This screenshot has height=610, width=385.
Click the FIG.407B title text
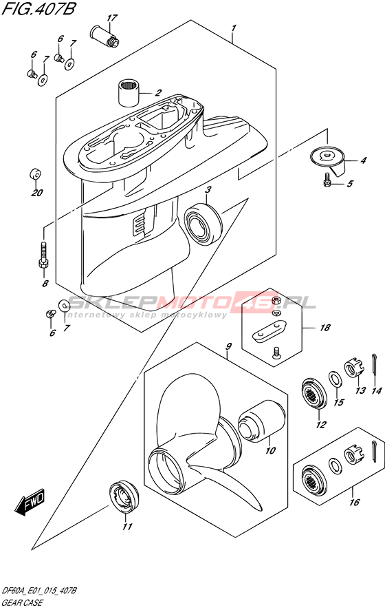tap(38, 9)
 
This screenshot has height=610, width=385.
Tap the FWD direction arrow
tap(30, 501)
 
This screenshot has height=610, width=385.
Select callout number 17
tap(111, 18)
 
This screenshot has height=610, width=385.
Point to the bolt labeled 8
tap(43, 256)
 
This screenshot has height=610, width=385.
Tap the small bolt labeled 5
tap(327, 180)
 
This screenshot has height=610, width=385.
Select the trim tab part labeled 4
tap(329, 158)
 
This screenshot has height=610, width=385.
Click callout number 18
tap(324, 328)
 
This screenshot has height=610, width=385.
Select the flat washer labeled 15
tap(335, 379)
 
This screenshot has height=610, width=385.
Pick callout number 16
tap(354, 502)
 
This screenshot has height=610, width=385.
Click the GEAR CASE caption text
tap(23, 602)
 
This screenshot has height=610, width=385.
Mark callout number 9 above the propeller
tap(228, 346)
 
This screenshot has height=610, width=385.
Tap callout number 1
tap(234, 28)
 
